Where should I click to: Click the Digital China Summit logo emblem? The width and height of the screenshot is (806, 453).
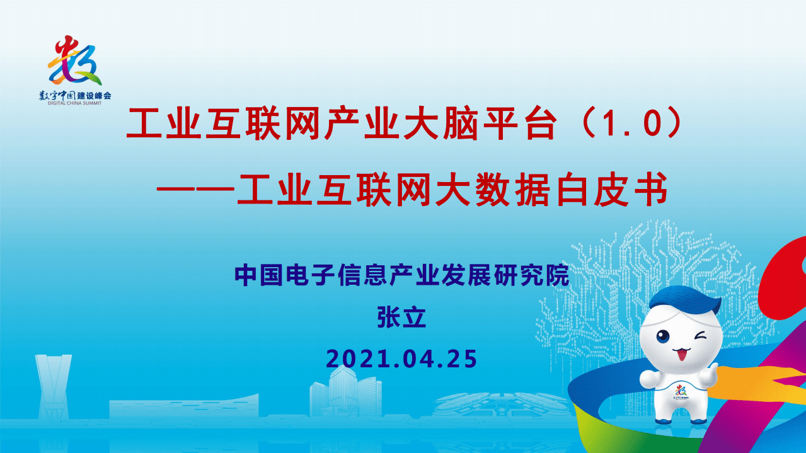click(x=74, y=61)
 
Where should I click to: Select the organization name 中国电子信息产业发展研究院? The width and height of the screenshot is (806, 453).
click(x=402, y=276)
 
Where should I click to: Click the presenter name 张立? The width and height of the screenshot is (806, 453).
click(x=402, y=318)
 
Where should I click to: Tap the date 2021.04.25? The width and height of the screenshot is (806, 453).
click(x=402, y=358)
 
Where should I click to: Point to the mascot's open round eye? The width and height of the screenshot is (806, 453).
click(x=664, y=337)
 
